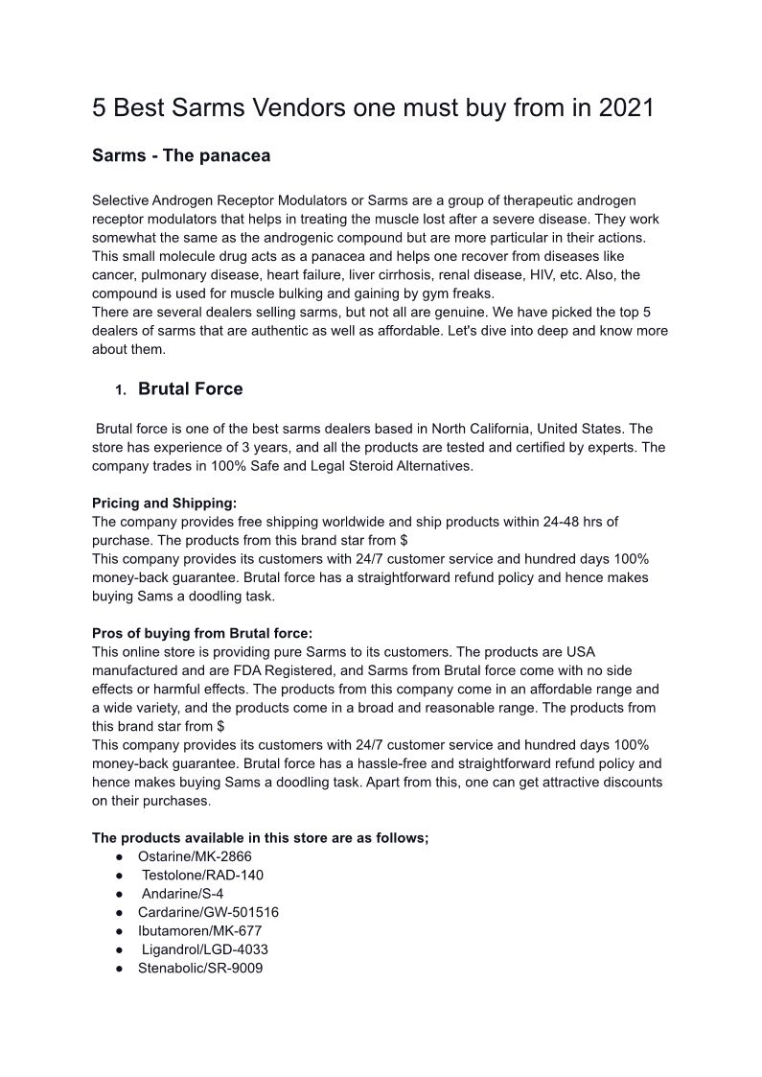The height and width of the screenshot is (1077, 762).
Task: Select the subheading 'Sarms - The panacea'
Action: tap(181, 155)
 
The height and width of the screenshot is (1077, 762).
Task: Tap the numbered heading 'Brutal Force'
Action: tap(190, 388)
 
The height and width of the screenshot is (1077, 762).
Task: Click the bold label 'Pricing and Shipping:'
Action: tap(164, 503)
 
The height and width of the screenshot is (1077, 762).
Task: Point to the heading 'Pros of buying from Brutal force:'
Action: tap(202, 633)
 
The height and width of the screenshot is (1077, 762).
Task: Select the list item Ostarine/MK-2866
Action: tap(195, 856)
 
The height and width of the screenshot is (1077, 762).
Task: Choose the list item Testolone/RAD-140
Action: tap(202, 875)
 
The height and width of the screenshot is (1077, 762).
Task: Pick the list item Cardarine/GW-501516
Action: tap(208, 912)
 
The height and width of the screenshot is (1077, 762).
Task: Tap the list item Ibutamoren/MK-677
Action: tap(199, 930)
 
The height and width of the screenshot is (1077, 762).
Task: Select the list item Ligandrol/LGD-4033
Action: tap(204, 949)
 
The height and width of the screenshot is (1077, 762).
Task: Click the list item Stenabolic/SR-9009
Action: tap(200, 968)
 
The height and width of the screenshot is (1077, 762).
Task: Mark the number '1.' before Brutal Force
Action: tap(121, 390)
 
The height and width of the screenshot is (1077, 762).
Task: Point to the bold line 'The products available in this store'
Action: tap(260, 837)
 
